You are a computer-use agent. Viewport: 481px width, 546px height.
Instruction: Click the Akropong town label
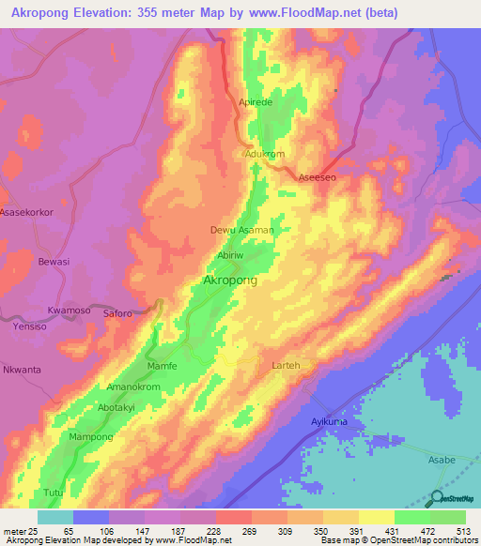coord(230,281)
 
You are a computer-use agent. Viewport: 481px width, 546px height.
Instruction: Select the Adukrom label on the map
coord(263,153)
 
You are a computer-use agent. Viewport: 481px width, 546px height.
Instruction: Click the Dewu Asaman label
coord(241,230)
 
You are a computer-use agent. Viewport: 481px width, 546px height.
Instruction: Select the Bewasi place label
coord(54,262)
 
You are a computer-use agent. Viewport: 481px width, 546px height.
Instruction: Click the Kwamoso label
coord(68,310)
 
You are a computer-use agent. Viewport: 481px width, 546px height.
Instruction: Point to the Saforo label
coord(117,313)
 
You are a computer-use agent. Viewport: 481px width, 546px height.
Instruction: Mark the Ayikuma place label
coord(331,421)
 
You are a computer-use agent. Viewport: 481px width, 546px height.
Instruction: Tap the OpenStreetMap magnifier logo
coord(439,499)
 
